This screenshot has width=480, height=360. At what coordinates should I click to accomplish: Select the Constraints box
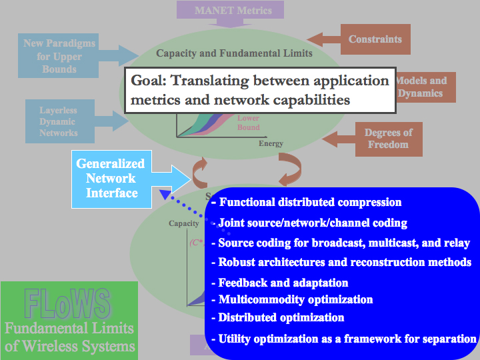point(375,39)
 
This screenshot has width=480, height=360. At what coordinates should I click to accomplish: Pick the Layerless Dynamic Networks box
point(59,122)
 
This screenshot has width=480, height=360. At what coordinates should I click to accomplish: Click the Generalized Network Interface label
point(111,178)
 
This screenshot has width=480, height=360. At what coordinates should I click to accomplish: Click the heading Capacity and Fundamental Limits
point(234,53)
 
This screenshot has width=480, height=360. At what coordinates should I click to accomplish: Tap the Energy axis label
point(271,143)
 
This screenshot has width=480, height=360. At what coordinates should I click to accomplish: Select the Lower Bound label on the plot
point(248,123)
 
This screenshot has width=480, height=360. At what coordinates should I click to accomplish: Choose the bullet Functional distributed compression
point(310,202)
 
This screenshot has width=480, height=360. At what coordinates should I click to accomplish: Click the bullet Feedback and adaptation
point(283,283)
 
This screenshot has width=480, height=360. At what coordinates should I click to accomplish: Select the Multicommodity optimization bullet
point(295,299)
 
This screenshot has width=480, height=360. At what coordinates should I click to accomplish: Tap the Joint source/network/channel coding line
point(313,223)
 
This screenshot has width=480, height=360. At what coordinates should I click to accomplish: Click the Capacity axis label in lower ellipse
point(183,223)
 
